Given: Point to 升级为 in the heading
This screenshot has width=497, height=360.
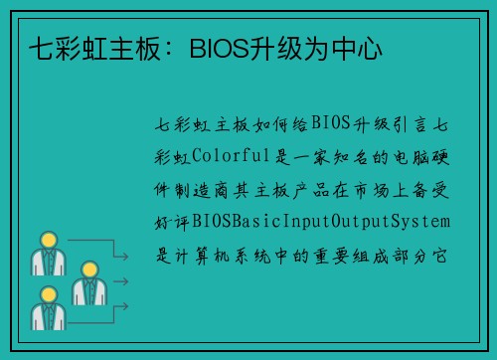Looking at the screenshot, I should tap(291, 47).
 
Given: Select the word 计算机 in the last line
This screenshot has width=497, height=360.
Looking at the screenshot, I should tap(214, 251).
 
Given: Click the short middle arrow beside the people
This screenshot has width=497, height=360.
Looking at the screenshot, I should tap(118, 282).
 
